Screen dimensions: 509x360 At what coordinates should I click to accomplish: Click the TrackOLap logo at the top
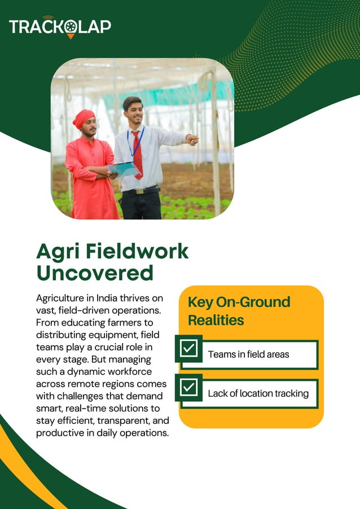point(60,27)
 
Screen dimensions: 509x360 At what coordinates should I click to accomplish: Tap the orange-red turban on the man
point(84,118)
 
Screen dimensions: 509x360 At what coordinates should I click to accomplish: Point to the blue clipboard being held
point(123,169)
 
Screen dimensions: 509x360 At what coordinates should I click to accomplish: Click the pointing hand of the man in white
point(192,139)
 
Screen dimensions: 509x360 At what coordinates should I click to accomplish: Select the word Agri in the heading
point(55,251)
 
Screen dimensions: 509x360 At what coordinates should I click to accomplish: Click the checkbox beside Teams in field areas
point(189,349)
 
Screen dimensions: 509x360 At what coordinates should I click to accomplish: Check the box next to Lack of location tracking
point(189,388)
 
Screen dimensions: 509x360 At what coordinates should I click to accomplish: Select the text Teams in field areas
point(248,354)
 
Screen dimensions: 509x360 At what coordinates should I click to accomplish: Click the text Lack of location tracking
point(258,393)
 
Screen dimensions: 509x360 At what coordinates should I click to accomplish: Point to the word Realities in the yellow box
point(216,320)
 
